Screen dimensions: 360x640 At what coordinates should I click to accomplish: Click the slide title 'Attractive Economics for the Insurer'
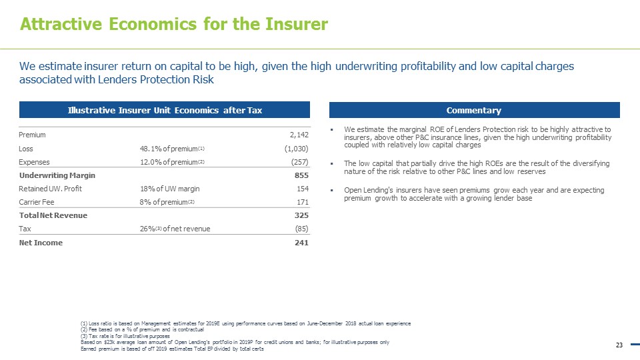point(174,25)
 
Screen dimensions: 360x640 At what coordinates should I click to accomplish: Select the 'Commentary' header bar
point(475,110)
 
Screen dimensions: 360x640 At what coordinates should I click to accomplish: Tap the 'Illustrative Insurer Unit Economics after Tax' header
point(165,110)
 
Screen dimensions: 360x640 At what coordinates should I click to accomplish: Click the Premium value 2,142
point(296,135)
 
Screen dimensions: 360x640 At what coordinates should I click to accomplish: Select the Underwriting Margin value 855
point(301,175)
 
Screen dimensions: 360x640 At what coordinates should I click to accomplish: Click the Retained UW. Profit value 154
point(301,189)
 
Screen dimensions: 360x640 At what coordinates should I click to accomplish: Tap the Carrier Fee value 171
point(301,202)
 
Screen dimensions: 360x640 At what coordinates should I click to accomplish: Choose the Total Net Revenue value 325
point(301,215)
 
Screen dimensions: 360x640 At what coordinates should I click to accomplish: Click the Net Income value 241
point(301,243)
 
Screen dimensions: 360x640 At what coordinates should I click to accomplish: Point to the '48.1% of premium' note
point(167,149)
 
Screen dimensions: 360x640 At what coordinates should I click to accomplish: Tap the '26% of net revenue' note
point(171,229)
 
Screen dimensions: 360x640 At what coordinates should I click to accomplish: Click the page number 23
point(619,345)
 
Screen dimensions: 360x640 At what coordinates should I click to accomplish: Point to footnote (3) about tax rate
point(125,336)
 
